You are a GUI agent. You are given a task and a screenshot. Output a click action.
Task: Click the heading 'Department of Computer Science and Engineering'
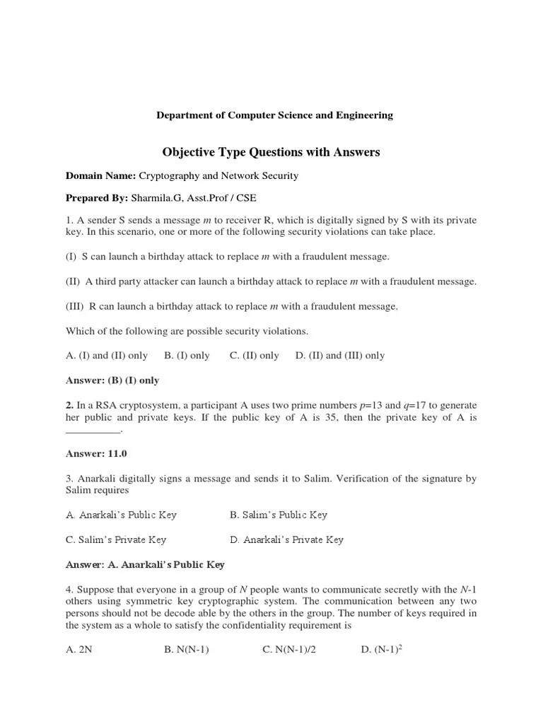click(274, 115)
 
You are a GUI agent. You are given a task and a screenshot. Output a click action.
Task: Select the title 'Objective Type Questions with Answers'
click(271, 152)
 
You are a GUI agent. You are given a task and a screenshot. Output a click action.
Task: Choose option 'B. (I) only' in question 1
click(187, 356)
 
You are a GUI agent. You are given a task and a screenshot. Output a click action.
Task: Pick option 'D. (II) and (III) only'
click(340, 356)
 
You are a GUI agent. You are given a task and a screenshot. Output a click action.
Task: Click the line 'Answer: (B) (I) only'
click(112, 380)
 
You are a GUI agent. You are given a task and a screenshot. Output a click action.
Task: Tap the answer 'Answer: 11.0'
click(96, 453)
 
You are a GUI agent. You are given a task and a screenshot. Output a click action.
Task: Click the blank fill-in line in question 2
click(93, 431)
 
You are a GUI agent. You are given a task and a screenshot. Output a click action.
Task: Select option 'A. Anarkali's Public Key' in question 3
click(121, 515)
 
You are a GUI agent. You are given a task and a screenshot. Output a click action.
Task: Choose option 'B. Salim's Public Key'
click(279, 515)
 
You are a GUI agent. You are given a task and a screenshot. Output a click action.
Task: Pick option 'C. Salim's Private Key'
click(116, 539)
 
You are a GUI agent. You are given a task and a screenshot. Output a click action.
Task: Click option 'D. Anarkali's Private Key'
click(286, 539)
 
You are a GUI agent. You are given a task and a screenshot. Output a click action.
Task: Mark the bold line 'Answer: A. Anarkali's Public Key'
click(145, 565)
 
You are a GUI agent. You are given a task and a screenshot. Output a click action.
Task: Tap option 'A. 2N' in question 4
click(79, 650)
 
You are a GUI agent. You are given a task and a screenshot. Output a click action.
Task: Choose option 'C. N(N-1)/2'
click(289, 650)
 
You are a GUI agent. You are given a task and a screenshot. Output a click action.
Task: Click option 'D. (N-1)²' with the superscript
click(381, 649)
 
